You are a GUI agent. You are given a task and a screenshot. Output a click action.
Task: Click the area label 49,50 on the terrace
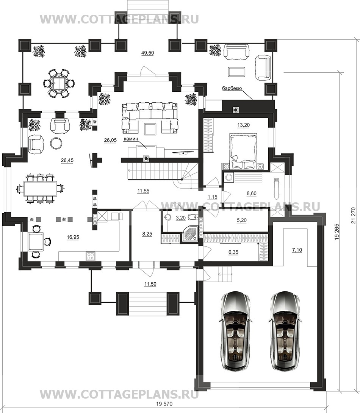(147, 53)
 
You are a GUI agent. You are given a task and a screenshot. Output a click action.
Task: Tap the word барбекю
(232, 89)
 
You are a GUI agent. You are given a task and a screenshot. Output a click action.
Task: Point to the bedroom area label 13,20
(243, 125)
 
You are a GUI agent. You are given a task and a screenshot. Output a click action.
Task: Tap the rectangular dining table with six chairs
(41, 189)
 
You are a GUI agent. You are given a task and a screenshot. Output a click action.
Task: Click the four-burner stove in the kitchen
(91, 256)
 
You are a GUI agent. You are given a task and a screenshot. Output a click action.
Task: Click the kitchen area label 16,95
(73, 237)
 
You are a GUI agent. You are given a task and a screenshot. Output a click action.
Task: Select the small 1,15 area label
(212, 197)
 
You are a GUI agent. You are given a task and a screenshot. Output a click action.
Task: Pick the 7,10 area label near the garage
(297, 250)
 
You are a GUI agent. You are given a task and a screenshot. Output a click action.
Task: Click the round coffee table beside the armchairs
(56, 143)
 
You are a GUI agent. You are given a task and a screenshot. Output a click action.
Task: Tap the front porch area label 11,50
(150, 284)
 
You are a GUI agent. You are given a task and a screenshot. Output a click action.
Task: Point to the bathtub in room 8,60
(276, 189)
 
